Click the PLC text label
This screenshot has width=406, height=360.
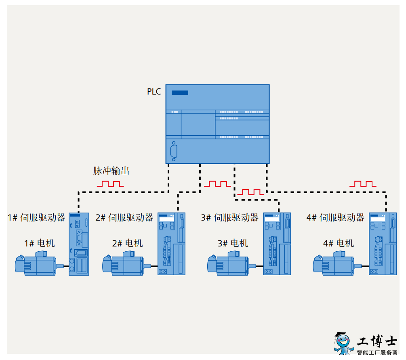[x=154, y=91]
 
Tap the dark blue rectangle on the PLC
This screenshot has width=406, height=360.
[x=180, y=93]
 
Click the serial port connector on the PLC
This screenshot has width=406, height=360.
[x=174, y=151]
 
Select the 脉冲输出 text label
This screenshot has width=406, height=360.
[x=111, y=171]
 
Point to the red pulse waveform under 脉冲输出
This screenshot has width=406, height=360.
[x=110, y=184]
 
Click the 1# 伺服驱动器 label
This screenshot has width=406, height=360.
[x=36, y=217]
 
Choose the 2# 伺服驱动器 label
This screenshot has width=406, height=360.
[x=124, y=217]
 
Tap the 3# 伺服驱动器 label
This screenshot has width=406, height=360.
[x=230, y=217]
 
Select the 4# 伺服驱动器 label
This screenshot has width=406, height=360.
[x=335, y=217]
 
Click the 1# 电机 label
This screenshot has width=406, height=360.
[x=39, y=243]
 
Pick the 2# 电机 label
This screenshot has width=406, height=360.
[x=127, y=243]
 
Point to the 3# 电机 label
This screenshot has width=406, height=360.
[x=233, y=243]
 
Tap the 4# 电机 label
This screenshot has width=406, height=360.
[x=339, y=243]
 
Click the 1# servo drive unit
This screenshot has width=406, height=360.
[x=79, y=244]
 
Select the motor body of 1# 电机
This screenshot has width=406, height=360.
[x=39, y=264]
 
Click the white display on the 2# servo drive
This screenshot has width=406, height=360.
[x=166, y=219]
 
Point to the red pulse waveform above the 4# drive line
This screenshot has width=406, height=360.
[x=363, y=184]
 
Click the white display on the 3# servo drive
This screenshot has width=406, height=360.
[x=272, y=219]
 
